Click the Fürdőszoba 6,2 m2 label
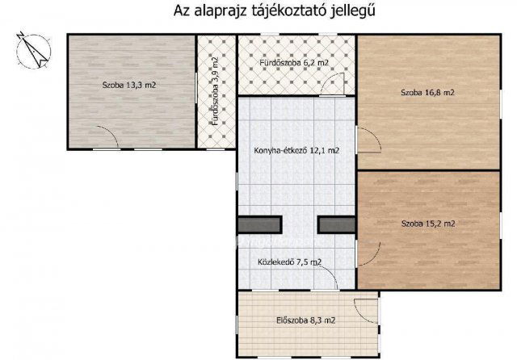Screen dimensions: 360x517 point(295,62)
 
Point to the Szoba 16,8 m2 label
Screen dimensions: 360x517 point(427,93)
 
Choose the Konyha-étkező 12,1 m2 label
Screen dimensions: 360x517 point(297,150)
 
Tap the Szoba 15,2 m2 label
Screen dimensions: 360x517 point(427,224)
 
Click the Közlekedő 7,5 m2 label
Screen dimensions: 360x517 point(289,262)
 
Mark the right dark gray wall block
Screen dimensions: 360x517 point(337,225)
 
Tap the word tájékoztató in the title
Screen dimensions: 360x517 point(287,11)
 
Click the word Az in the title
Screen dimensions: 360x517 point(182,11)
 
